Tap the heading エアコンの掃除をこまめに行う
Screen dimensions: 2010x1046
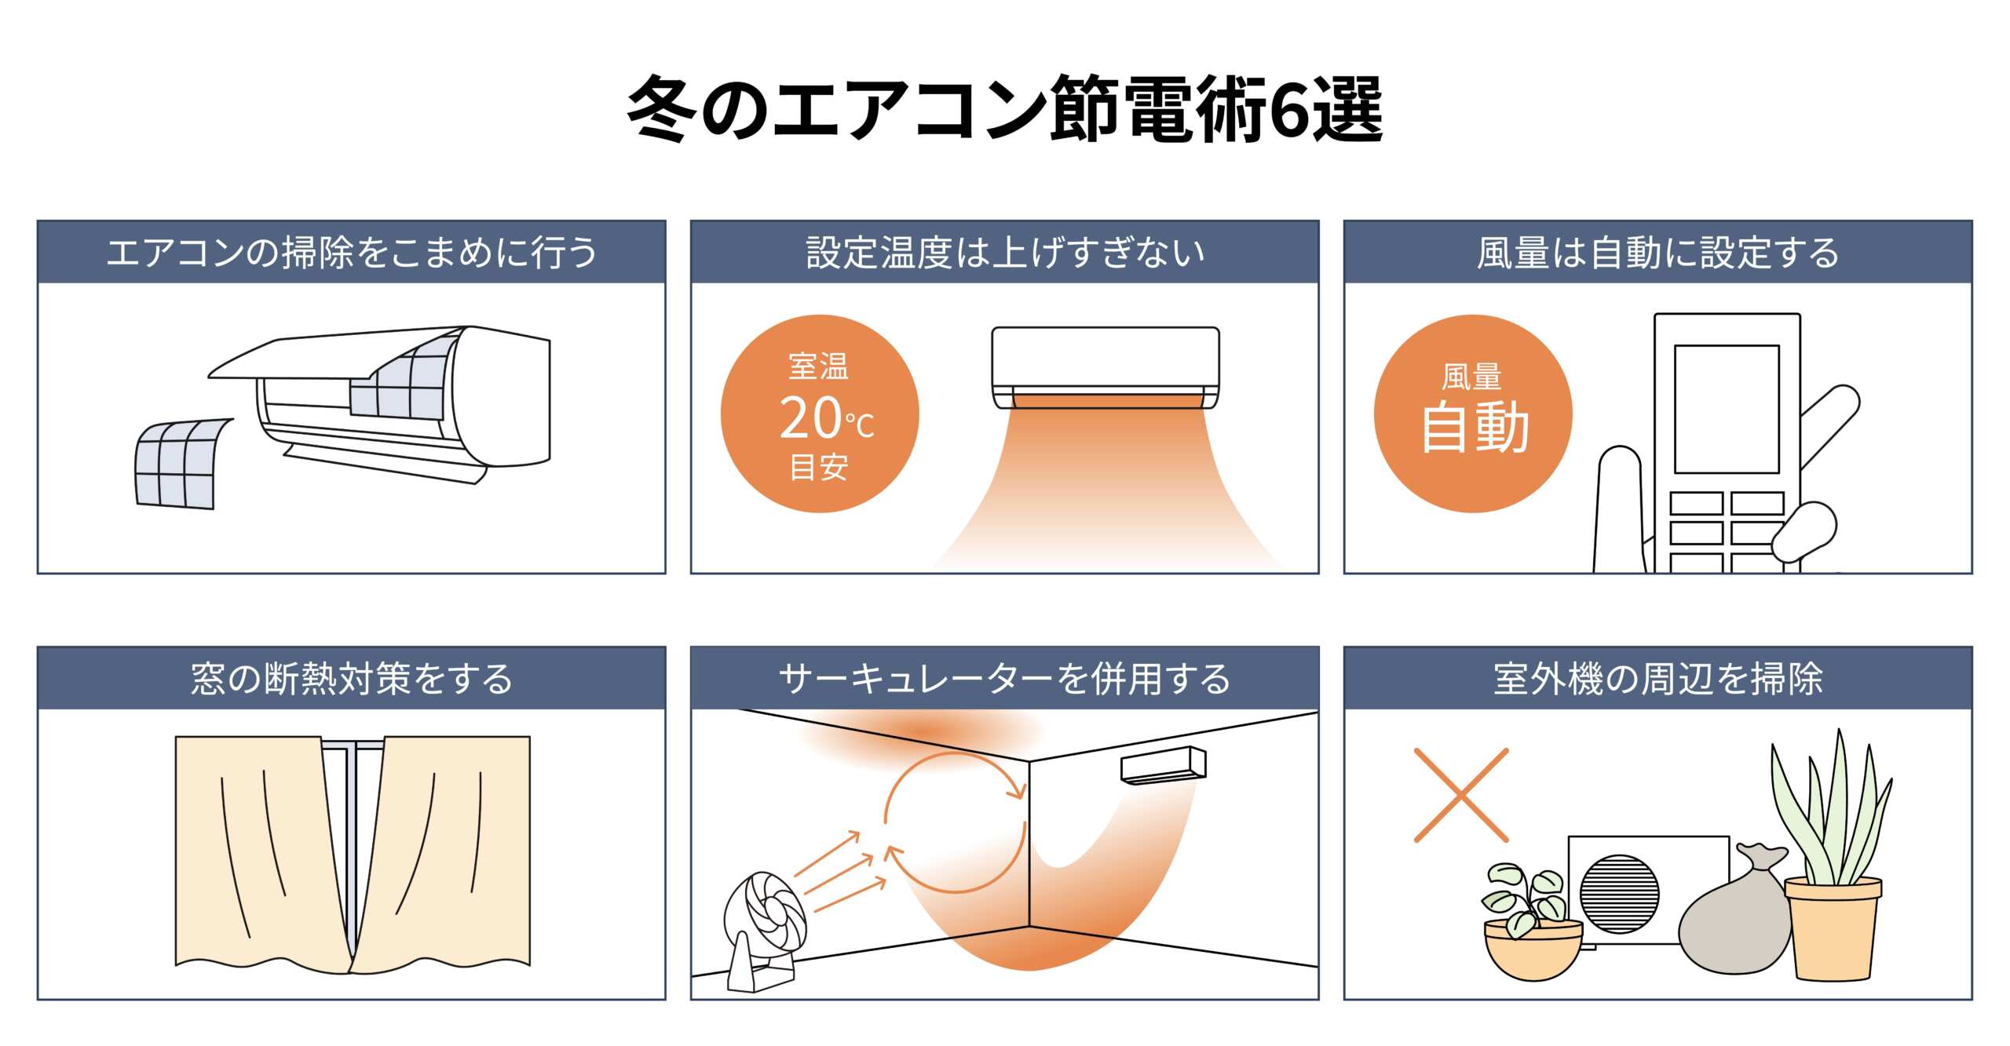click(352, 253)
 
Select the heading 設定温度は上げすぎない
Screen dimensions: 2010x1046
click(1005, 253)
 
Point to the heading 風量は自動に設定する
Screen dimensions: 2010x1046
click(1657, 253)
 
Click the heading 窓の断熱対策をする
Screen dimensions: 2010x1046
click(352, 679)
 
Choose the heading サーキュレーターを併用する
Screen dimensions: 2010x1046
click(1005, 679)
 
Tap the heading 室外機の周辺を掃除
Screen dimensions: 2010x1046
click(1657, 679)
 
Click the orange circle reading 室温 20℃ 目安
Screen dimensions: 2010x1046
click(820, 414)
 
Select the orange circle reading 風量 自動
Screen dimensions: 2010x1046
click(1473, 414)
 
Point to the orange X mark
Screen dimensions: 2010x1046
click(1461, 795)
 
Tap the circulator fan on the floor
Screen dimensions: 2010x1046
click(763, 930)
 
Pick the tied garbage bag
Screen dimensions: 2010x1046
click(1735, 914)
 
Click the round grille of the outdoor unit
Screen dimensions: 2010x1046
click(1619, 895)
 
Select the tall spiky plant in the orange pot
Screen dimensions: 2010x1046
click(1833, 855)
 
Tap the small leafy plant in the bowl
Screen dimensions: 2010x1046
click(1531, 922)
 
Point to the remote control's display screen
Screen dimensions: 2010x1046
click(1727, 409)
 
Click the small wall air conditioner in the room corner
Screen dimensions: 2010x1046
click(1163, 765)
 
